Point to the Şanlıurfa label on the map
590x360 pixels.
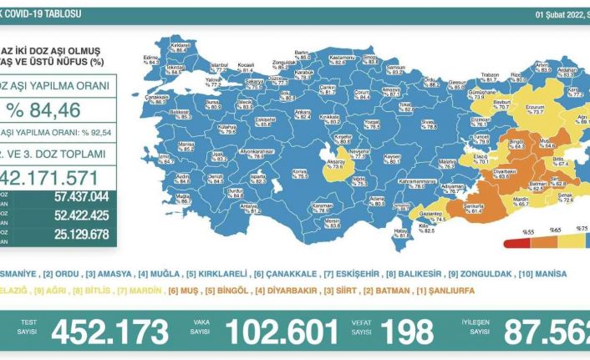coord(477,207)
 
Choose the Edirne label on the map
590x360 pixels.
coord(151,58)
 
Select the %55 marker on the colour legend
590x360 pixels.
coord(529,227)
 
